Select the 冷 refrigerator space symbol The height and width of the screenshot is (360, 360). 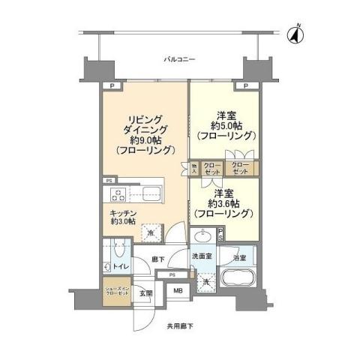coord(151,233)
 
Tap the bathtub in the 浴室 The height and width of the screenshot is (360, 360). coord(238,285)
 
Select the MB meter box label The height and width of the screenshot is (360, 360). coord(178,292)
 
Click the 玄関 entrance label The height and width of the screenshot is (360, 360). coord(148,293)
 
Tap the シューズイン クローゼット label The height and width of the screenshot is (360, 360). coord(115,289)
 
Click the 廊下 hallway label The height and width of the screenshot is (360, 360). coord(158,259)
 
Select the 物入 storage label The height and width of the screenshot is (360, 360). coord(193,169)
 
